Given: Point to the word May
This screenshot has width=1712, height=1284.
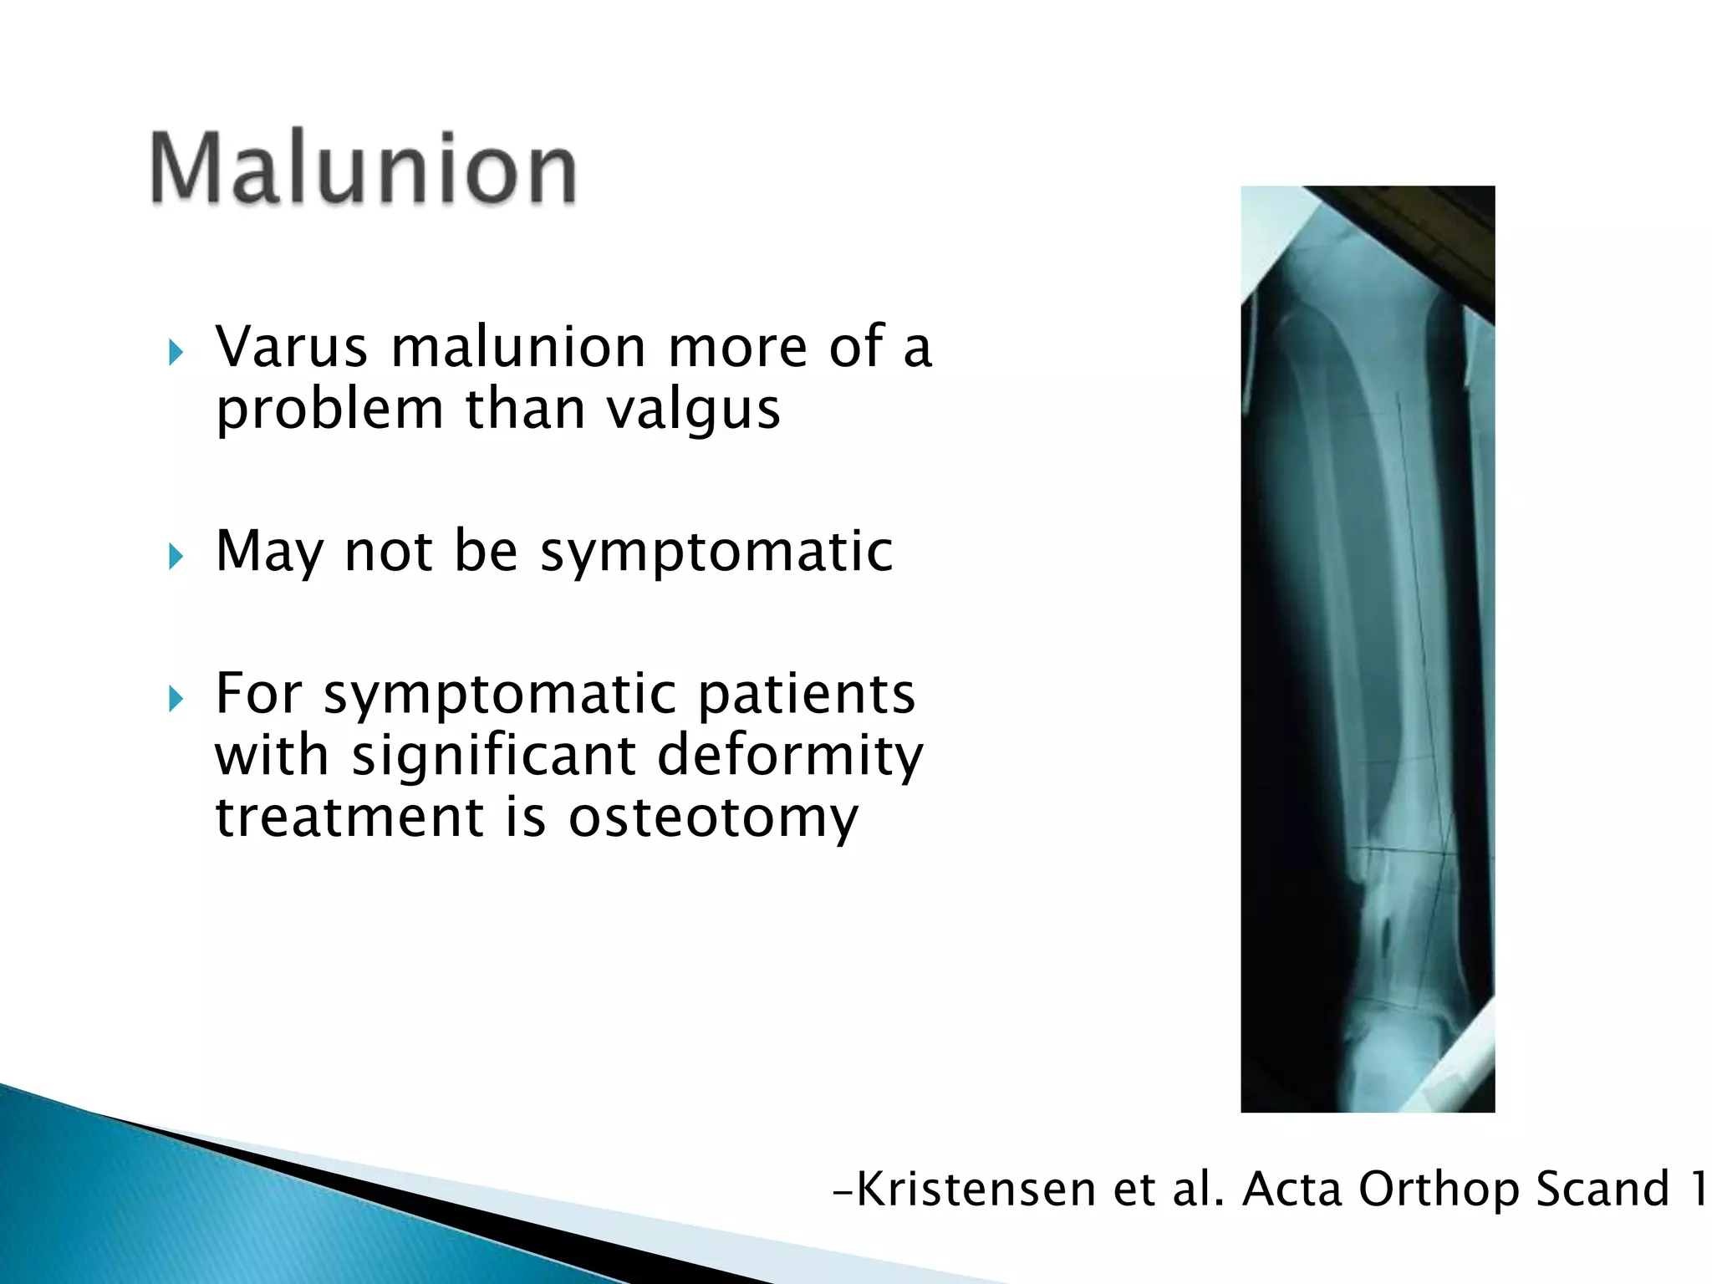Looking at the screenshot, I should click(268, 552).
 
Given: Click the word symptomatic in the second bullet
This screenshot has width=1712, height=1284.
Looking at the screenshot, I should click(716, 552).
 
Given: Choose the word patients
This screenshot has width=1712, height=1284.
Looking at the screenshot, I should click(806, 694).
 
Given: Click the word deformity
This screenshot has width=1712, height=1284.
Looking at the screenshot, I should click(790, 755).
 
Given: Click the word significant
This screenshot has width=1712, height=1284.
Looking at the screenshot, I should click(494, 755).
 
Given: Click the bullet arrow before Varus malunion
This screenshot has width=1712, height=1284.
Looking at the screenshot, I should click(175, 353).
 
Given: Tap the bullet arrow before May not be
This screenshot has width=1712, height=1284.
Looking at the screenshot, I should click(175, 556).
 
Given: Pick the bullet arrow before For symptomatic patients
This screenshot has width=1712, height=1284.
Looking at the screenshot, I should click(175, 698).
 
